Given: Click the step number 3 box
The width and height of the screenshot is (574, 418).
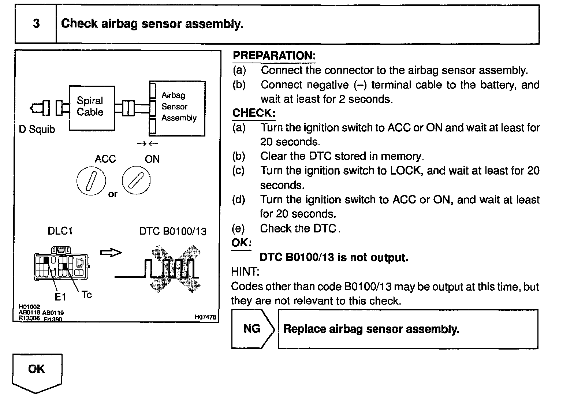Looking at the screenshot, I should pos(36,24).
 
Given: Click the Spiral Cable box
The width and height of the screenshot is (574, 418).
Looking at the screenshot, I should pos(92,108).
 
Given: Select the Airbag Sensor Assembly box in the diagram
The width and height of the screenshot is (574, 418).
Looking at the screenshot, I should pos(178,108).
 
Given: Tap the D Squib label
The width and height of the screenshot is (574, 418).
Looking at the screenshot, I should pos(37,130).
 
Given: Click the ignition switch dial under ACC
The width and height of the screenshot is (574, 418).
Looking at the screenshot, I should pos(91,182).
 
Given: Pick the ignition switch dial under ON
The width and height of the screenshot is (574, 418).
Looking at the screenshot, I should pos(136,180).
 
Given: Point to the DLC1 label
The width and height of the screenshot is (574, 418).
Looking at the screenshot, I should pos(60,231).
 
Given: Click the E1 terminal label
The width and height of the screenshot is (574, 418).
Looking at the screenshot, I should pos(60,297).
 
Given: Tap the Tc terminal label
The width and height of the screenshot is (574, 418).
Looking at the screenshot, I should pos(87,295).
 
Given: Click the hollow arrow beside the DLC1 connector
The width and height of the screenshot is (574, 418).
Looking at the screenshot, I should pos(111,253).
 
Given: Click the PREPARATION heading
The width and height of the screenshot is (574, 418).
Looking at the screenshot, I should pos(274,56).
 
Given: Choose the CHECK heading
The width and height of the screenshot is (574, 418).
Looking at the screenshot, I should pos(254,113).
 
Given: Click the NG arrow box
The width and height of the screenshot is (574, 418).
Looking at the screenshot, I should pos(253,329).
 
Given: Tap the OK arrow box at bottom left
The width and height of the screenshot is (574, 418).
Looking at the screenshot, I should pos(37,370).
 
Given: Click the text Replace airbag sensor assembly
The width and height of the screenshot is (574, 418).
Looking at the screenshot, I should pos(371,329).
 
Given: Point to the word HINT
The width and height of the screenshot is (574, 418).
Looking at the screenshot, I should pos(245,272).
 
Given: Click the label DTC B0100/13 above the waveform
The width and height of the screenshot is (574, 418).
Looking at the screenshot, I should pos(173,231).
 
